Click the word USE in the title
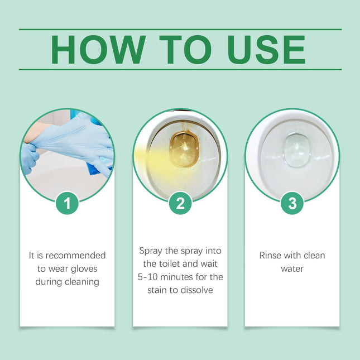coord(267,50)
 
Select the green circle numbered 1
coord(68,203)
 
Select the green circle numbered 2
coord(180,203)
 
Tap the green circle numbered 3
coord(292,203)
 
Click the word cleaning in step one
coord(80,282)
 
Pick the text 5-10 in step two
coord(148,277)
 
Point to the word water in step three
coord(292,268)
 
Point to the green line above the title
coord(180,29)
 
